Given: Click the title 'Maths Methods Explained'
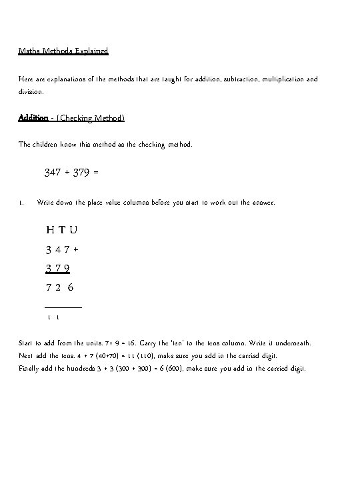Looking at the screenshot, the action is [x=63, y=50].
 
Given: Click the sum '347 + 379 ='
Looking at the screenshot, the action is [x=72, y=172].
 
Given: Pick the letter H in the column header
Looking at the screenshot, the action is [x=51, y=230].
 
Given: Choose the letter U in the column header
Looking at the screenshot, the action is [x=73, y=230].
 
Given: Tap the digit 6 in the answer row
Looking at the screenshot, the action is [x=71, y=288].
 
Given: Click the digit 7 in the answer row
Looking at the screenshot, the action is [x=49, y=288].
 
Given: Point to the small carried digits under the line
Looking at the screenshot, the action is [x=54, y=318].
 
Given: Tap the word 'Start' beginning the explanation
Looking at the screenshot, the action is [x=27, y=343].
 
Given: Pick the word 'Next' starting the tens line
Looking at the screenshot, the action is [x=26, y=355].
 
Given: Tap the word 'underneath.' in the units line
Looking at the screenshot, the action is [x=292, y=343].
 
